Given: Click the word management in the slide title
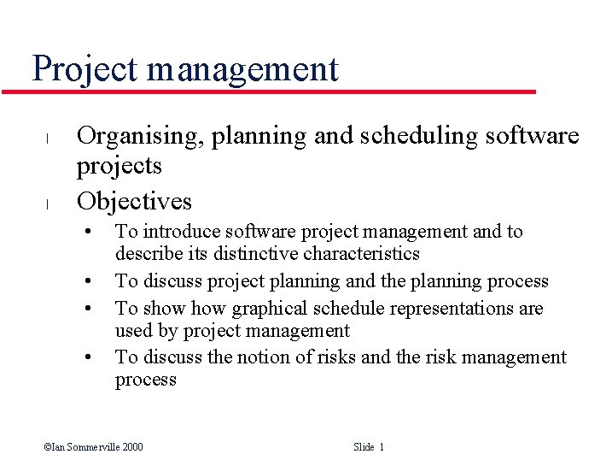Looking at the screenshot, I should tap(242, 69).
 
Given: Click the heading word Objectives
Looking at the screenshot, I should tap(134, 202).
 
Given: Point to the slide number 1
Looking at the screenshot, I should tap(381, 446).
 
